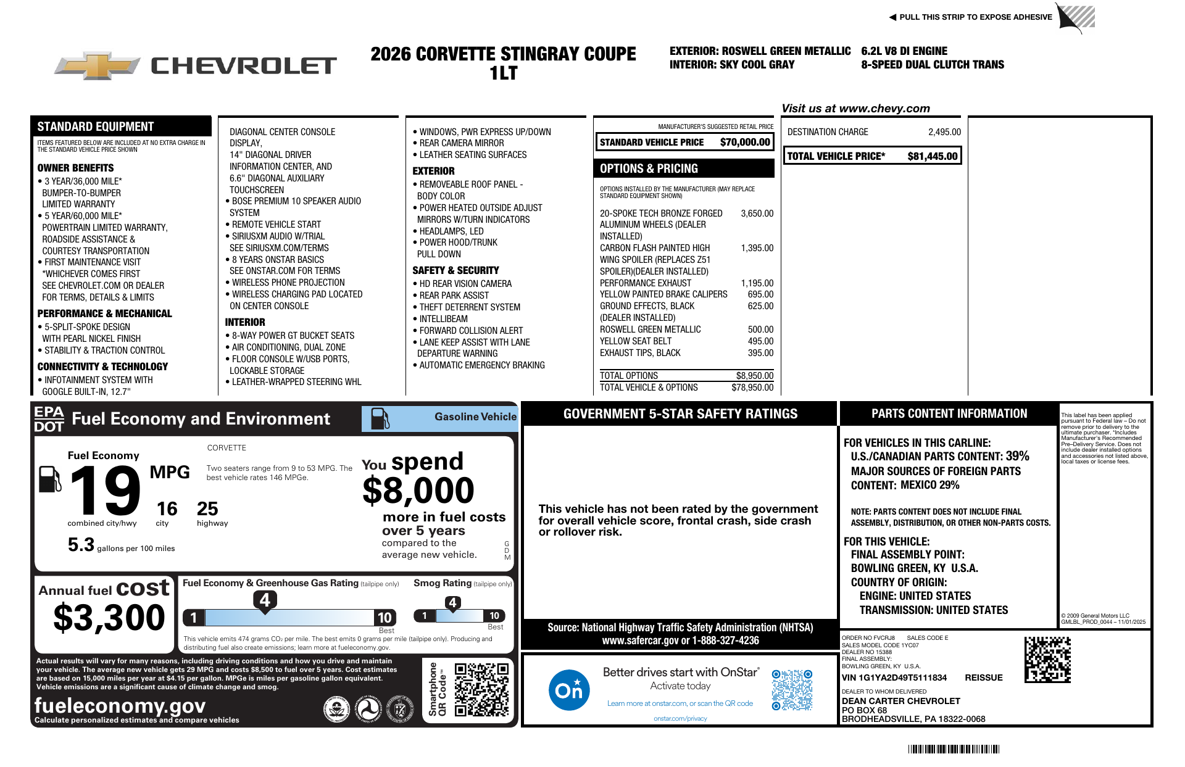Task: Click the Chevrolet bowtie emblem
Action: coord(98,65)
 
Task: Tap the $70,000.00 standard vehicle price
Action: coord(745,143)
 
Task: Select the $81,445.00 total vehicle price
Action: coord(932,157)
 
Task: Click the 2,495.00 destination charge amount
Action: coord(944,132)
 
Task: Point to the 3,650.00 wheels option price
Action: coord(757,214)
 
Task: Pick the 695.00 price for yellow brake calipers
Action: coord(760,294)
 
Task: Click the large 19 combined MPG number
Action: coord(105,491)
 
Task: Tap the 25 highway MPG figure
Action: coord(207,509)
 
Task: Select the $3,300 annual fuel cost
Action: coord(109,618)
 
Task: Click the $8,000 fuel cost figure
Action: coord(418,491)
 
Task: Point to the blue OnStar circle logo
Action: coord(568,690)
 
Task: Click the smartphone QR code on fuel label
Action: coord(481,689)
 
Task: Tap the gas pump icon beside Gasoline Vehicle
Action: coord(380,418)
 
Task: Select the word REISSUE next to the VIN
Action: coord(983,678)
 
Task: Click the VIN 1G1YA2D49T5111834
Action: coord(894,678)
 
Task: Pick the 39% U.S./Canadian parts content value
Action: coord(1017,456)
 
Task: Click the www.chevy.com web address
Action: coord(884,109)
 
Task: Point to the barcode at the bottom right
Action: coord(954,749)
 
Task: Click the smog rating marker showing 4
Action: coord(452,603)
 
